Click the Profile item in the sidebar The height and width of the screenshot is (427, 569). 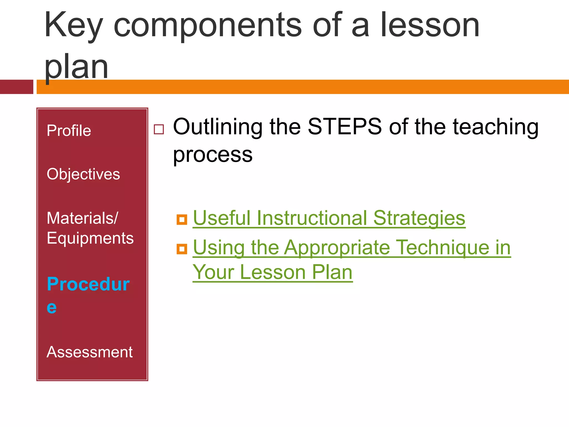[69, 131]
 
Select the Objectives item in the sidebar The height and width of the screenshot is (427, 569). [83, 174]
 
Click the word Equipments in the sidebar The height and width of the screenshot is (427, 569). [90, 238]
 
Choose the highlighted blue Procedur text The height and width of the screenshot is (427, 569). [88, 284]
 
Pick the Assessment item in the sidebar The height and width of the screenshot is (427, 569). [89, 352]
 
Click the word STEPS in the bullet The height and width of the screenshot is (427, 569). [345, 126]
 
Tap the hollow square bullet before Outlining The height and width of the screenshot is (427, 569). [159, 129]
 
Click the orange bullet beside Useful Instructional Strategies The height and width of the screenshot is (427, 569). [182, 220]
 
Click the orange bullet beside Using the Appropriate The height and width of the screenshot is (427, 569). [182, 249]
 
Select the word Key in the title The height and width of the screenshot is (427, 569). [73, 26]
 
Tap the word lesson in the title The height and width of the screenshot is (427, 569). [430, 26]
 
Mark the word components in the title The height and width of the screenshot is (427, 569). [208, 26]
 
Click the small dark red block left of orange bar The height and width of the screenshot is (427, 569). [16, 87]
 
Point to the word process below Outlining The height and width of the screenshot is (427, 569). [213, 155]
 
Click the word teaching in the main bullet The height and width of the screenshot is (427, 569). [495, 126]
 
